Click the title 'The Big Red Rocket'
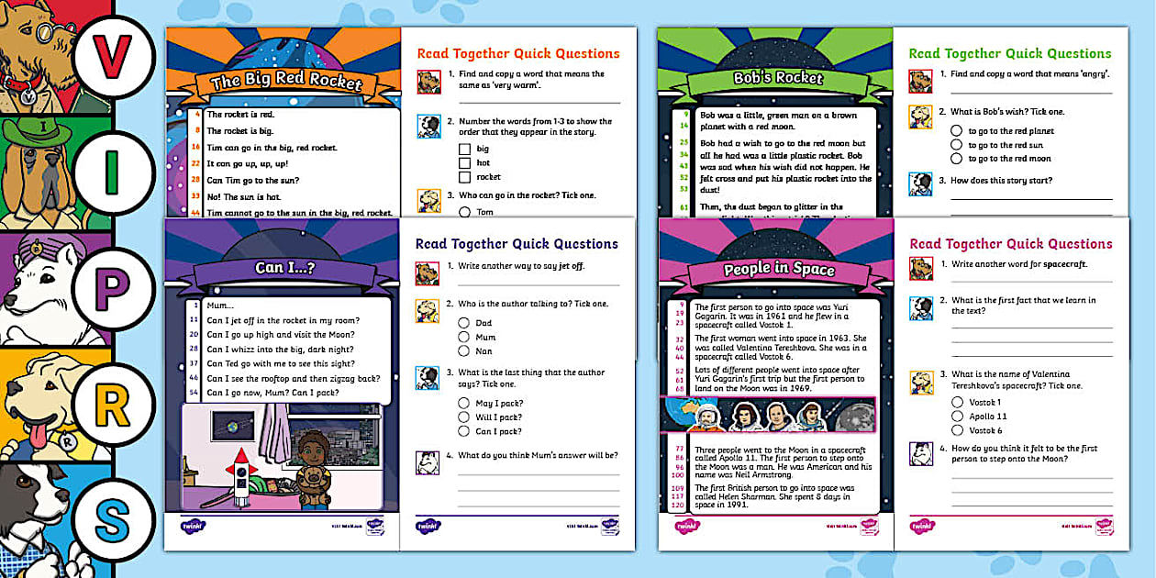pos(286,83)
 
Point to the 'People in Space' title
pos(779,269)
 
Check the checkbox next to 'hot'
pos(464,163)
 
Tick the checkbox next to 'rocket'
pos(464,177)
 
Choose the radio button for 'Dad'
pos(464,323)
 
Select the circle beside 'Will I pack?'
pos(464,417)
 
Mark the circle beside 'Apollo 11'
pos(958,417)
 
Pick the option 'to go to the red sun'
pos(957,145)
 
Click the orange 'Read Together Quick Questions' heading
pos(517,54)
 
